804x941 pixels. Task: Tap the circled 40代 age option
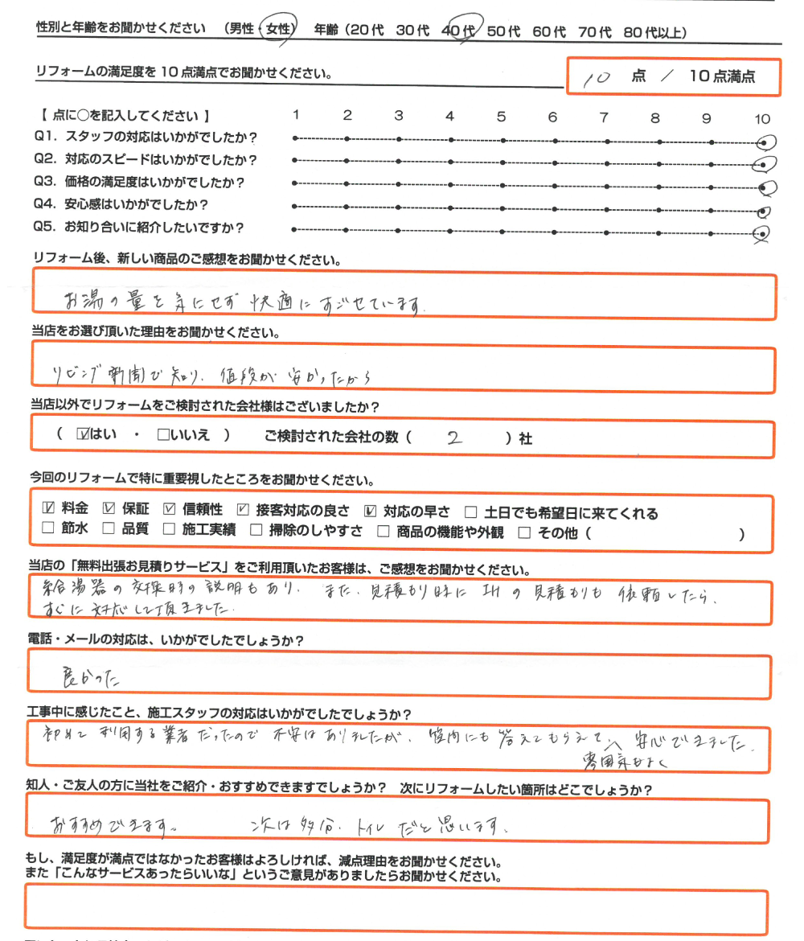point(460,31)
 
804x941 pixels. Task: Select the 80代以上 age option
point(654,32)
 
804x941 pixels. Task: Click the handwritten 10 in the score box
point(599,77)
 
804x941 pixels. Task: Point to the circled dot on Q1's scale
point(765,142)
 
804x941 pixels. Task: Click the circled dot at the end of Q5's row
point(761,234)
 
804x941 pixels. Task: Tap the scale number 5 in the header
point(501,117)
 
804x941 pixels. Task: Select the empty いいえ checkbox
point(163,435)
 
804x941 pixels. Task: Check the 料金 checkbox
point(47,510)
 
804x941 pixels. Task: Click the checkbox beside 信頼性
point(169,510)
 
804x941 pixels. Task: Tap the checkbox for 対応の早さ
point(371,510)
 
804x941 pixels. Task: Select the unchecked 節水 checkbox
point(47,531)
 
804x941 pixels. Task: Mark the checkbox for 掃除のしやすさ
point(256,531)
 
